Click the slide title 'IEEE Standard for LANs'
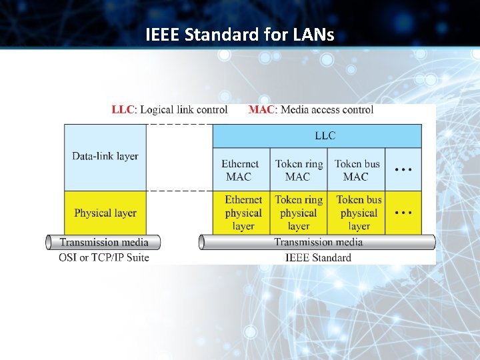(x=240, y=34)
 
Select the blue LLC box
(x=317, y=136)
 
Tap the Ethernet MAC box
(x=241, y=170)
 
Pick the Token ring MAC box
(x=299, y=170)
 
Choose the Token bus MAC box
(x=356, y=170)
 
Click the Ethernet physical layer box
(x=243, y=213)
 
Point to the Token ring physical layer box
(x=299, y=213)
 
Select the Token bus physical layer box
(x=359, y=213)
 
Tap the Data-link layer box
(x=105, y=157)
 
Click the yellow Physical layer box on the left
(x=105, y=213)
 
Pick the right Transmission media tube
(x=318, y=242)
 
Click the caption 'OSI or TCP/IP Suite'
(x=104, y=257)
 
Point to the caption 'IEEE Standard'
(x=318, y=257)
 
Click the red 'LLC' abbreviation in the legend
(x=123, y=110)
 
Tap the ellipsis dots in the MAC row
(x=403, y=170)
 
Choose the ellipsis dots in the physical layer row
(x=403, y=213)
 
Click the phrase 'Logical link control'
(x=184, y=110)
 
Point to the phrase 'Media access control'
(x=327, y=110)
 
